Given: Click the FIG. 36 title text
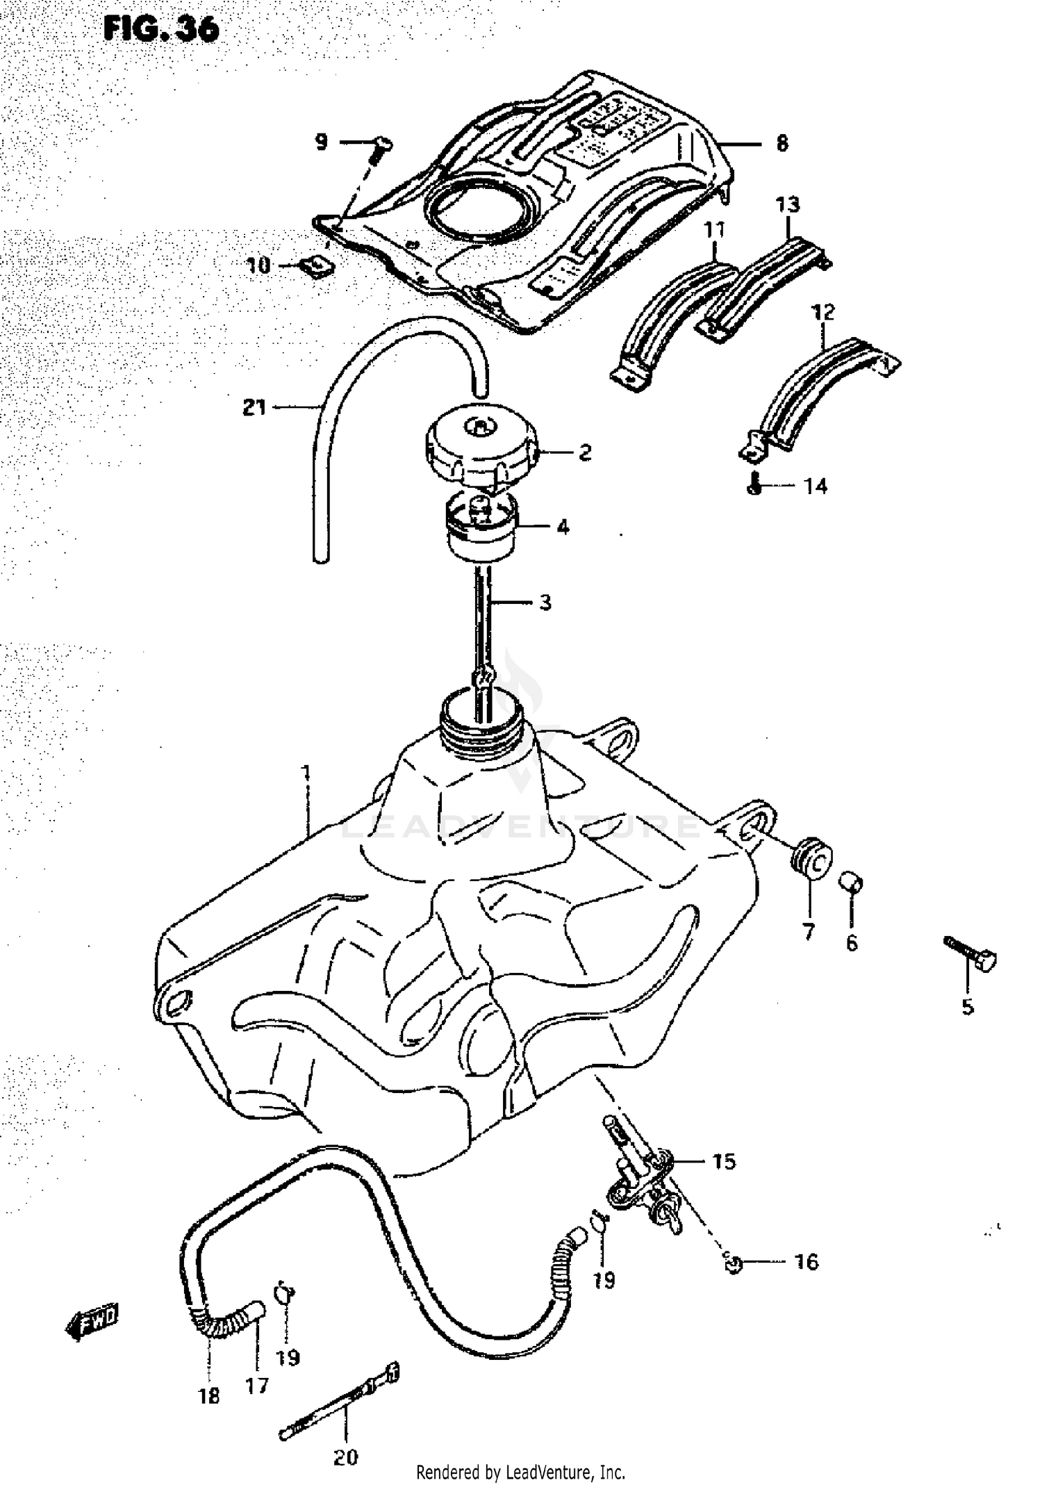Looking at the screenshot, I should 160,30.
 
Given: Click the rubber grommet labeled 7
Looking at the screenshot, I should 811,861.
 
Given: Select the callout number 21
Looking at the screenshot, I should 254,407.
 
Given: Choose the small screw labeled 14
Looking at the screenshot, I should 755,486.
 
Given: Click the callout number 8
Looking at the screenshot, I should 782,144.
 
